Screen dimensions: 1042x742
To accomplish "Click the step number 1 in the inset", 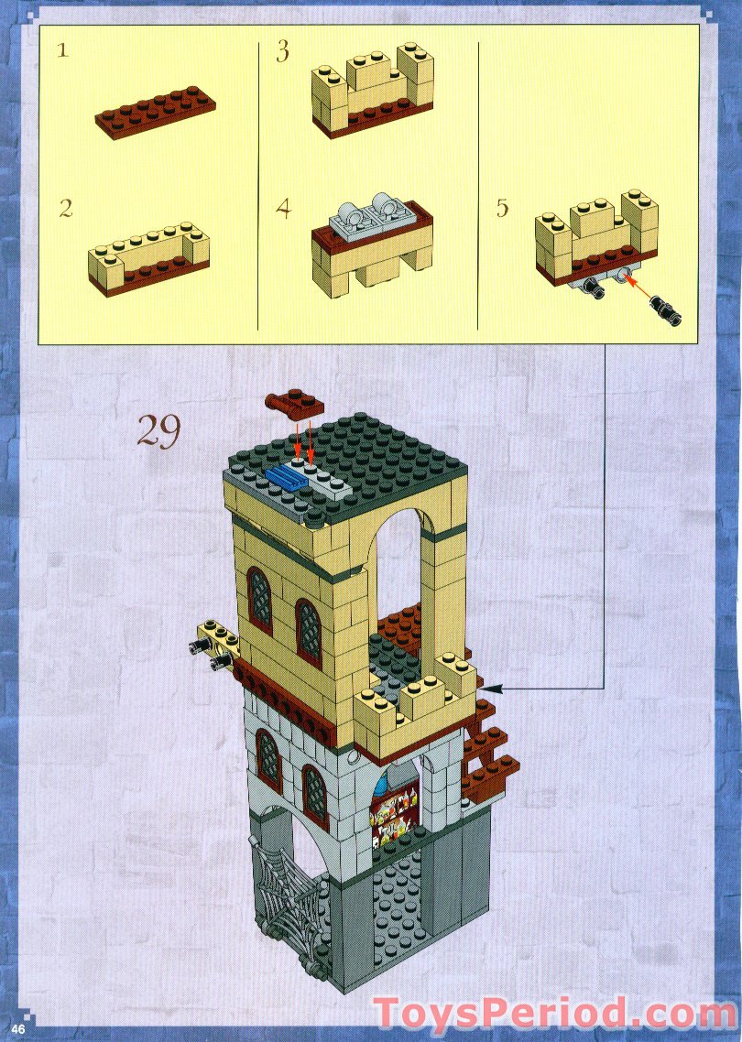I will [x=62, y=50].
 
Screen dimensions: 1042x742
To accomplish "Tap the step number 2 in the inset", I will [x=65, y=208].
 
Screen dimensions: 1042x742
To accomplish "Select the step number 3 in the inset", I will [x=283, y=51].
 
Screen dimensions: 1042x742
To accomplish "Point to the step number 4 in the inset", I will [x=284, y=208].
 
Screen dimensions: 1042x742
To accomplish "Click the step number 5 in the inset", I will [x=502, y=208].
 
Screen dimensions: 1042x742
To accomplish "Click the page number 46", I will [x=18, y=1029].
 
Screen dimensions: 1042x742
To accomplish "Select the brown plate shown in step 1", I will [x=156, y=113].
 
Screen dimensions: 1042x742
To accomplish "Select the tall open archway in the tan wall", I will [x=401, y=568].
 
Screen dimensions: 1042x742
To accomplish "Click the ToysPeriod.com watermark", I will [x=553, y=1015].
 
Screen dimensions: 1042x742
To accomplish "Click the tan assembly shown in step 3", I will [x=372, y=92].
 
